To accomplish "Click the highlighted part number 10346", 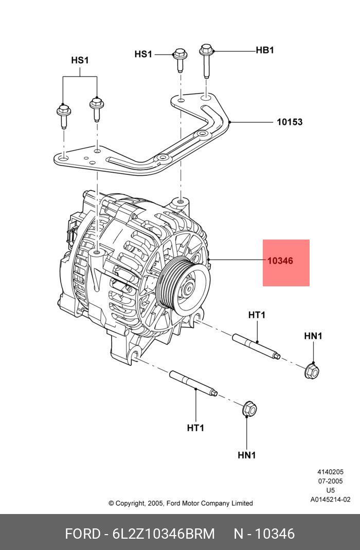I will [x=280, y=261].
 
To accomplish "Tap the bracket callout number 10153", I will [x=290, y=122].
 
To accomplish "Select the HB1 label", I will [x=265, y=50].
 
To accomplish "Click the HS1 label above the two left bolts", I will [x=80, y=61].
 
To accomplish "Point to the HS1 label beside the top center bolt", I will [x=143, y=54].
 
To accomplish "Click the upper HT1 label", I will [x=257, y=315].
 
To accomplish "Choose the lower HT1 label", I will [x=195, y=428].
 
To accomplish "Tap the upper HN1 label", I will [x=313, y=336].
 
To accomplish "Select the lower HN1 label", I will [x=247, y=455].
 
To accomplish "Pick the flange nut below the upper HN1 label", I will [x=312, y=369].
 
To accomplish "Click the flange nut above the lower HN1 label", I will [x=249, y=409].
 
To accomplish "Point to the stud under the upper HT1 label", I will [x=256, y=346].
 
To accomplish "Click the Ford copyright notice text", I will [x=181, y=503].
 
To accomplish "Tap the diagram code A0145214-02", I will [x=330, y=499].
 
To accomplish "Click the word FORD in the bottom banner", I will [x=82, y=534].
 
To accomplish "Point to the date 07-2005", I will [x=330, y=481].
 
